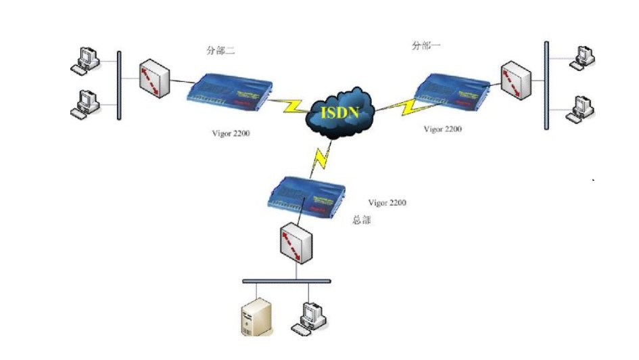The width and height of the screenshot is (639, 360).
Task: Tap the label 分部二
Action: pos(220,50)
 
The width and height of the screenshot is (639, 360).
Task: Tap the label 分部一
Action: pos(426,45)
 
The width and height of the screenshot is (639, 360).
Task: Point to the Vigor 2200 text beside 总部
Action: pos(387,202)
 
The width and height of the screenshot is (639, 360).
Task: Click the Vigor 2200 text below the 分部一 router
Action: pos(443,129)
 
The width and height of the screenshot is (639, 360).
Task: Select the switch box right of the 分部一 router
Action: pos(516,80)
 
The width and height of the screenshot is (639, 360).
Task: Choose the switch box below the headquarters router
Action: pos(296,245)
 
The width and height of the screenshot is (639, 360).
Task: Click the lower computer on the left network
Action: pos(86,102)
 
